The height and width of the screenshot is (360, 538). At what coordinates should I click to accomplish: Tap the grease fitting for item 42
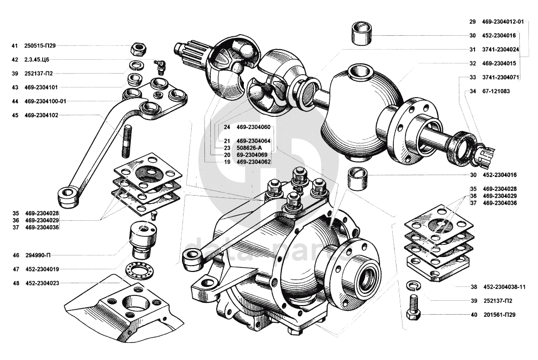[x=159, y=67]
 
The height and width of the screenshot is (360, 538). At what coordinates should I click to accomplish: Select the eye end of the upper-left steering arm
[x=67, y=196]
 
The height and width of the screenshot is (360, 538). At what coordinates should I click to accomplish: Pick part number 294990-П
[x=41, y=255]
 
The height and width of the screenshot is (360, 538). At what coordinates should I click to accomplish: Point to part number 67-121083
[x=496, y=91]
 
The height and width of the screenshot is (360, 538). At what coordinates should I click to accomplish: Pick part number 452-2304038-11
[x=508, y=286]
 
